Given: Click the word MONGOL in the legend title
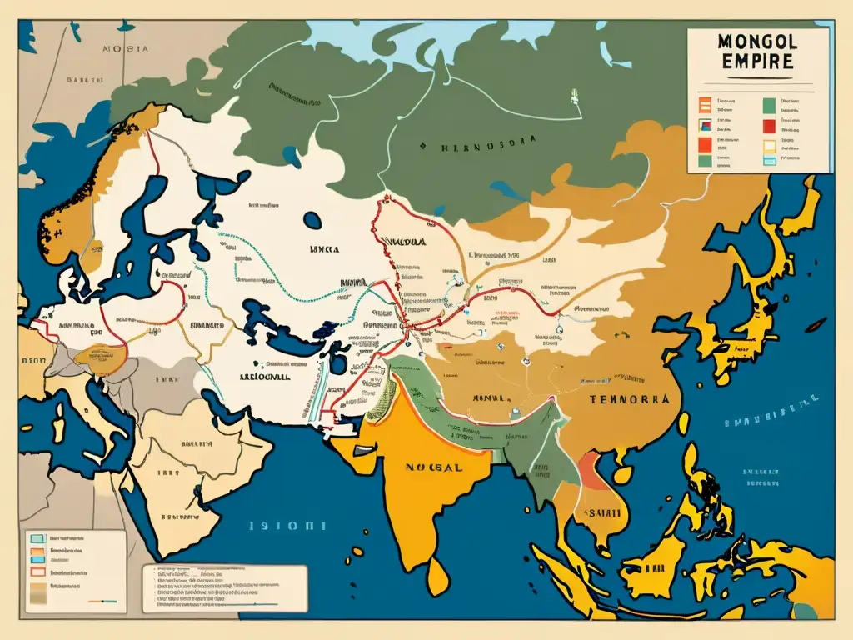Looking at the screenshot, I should tap(757, 42).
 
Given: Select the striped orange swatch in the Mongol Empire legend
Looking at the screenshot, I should tap(702, 105).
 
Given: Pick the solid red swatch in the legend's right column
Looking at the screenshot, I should tap(768, 127).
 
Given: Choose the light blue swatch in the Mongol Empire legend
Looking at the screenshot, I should tap(768, 162).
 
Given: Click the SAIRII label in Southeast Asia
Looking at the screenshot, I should tap(599, 513).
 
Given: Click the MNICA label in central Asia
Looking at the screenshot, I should tap(326, 247).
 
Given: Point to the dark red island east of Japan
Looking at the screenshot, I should tap(817, 323).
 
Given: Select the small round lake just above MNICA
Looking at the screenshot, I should tap(312, 220).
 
